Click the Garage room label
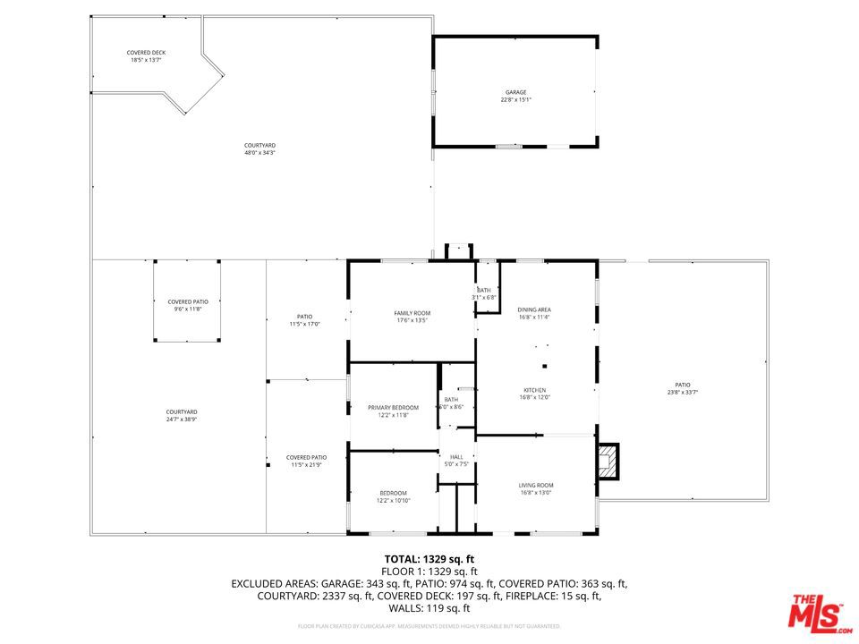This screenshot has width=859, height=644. (x=515, y=92)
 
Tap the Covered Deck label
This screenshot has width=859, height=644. (x=146, y=53)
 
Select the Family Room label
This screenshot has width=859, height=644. (x=412, y=313)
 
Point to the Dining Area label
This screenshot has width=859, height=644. (x=533, y=309)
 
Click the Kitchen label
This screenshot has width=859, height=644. (x=535, y=390)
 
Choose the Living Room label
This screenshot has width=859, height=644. (x=536, y=485)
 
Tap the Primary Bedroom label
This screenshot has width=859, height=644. (x=393, y=408)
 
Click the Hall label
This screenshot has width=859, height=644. (x=456, y=457)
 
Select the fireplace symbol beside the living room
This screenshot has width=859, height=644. (x=608, y=461)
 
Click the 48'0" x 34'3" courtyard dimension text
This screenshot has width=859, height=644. (x=259, y=153)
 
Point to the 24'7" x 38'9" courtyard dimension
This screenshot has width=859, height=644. (x=182, y=419)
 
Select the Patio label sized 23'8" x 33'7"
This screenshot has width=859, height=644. (x=683, y=392)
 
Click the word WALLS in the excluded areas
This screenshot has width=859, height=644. (x=405, y=608)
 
